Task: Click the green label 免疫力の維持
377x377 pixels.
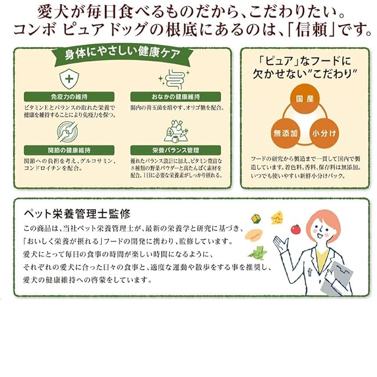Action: (70, 97)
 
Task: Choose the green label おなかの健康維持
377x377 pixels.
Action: (175, 97)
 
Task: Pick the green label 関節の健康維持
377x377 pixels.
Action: (70, 150)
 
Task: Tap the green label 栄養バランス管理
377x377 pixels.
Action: (175, 150)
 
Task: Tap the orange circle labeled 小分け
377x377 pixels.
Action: (325, 133)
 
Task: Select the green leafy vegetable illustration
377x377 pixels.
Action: (257, 253)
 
